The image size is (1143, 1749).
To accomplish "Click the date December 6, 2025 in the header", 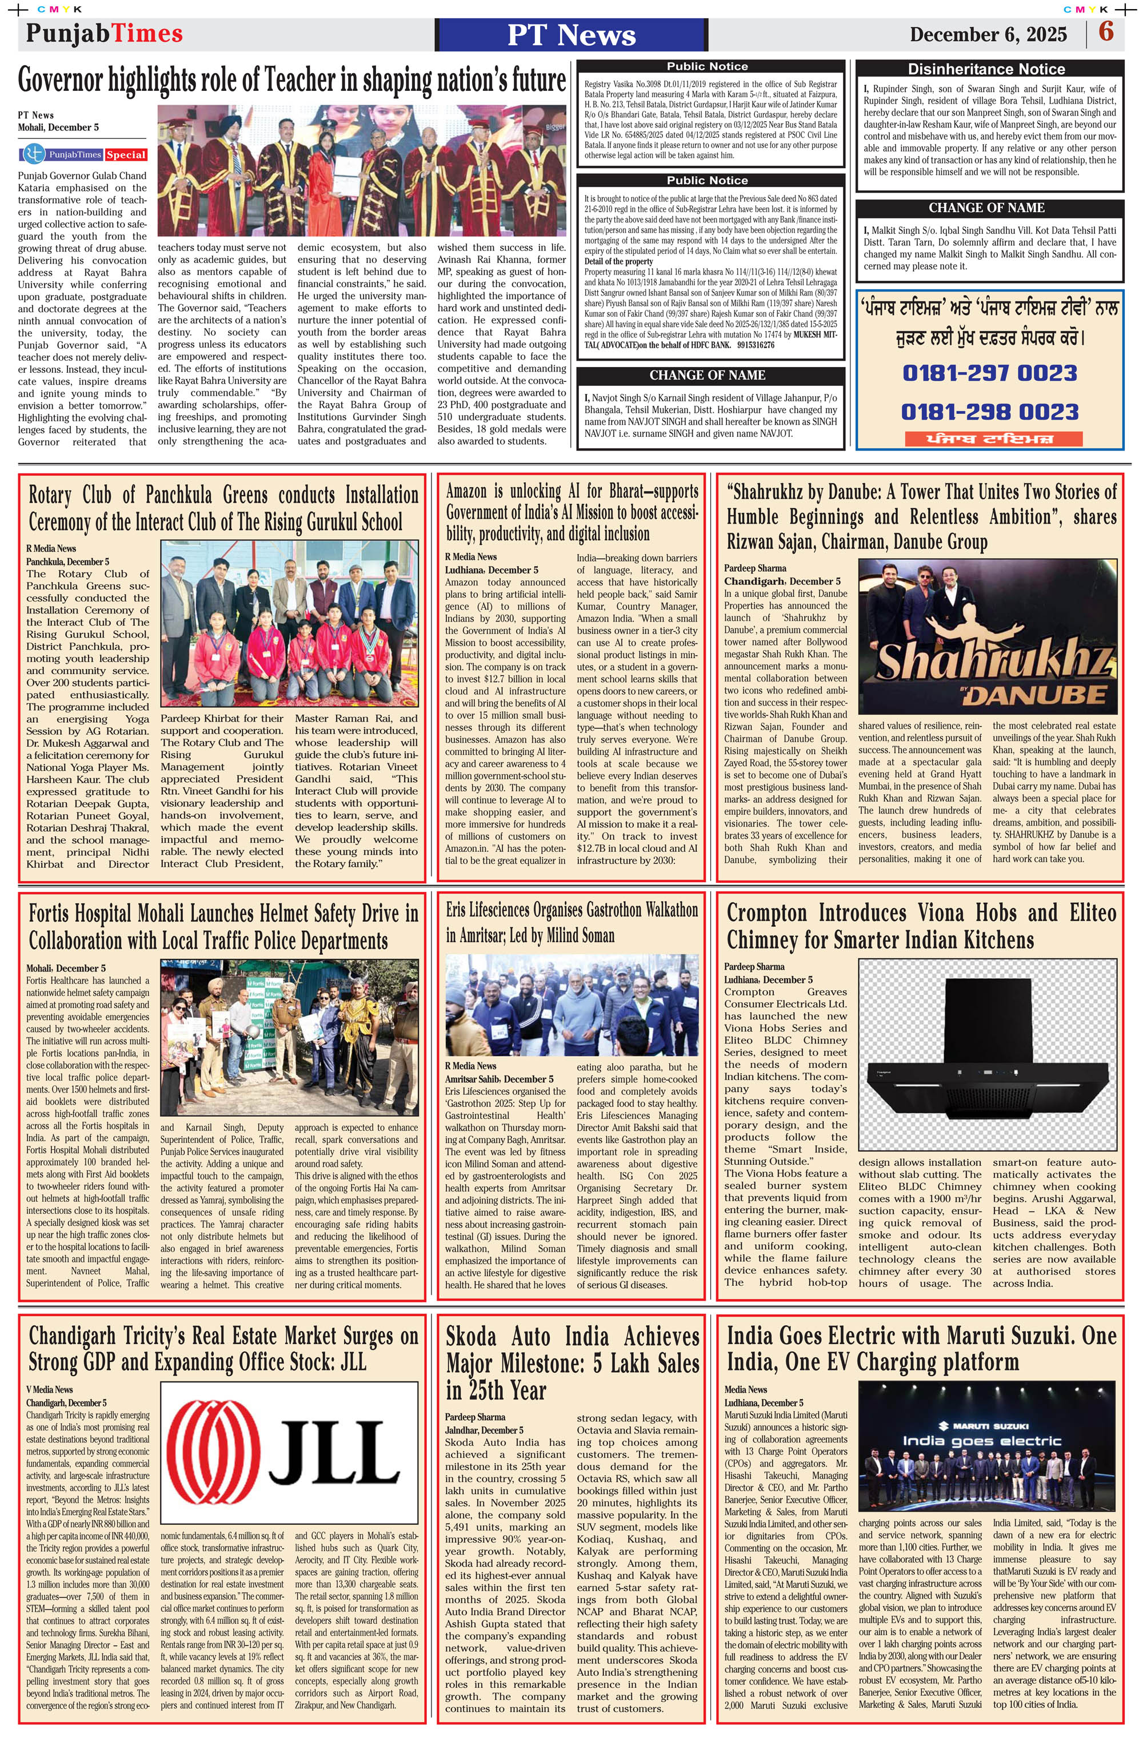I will pos(988,34).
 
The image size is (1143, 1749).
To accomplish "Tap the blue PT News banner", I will pos(571,34).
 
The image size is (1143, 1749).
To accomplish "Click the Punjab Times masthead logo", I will pos(105,33).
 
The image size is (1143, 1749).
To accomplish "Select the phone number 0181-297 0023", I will pos(989,373).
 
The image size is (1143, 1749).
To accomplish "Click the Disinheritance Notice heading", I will pos(986,69).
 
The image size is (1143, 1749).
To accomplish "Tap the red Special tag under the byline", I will pos(126,155).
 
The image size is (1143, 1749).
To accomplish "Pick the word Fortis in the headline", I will pos(49,914).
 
